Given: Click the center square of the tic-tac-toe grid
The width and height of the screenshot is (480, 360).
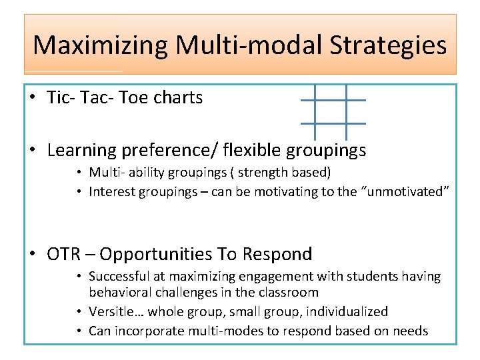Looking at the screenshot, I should [332, 111].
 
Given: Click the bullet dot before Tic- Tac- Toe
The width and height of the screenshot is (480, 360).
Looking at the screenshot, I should [33, 98].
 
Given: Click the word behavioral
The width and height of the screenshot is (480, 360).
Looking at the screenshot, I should [117, 292].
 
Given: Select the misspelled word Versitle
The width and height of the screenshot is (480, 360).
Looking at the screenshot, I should [114, 311].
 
